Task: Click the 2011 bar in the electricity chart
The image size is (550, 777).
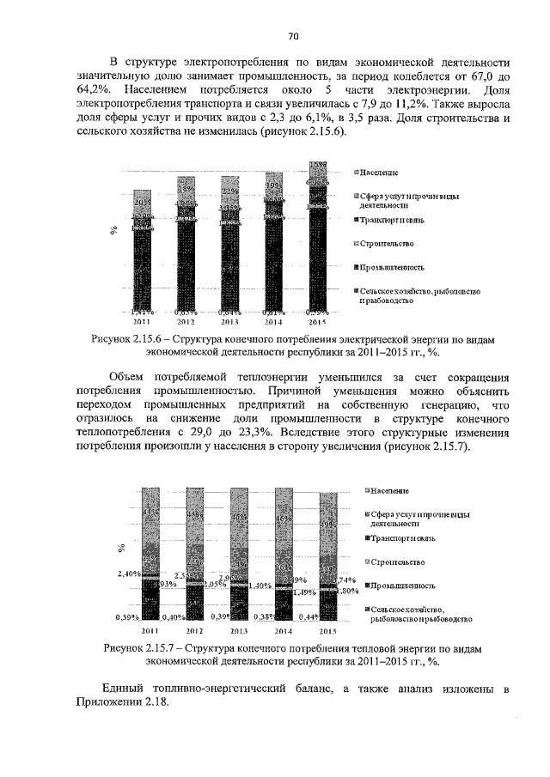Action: [143, 258]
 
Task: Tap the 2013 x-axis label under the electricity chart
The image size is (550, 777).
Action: [229, 322]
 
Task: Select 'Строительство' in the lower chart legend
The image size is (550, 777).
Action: [397, 562]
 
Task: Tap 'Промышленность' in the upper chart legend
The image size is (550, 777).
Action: [396, 268]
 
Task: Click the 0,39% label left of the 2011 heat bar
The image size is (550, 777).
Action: [129, 616]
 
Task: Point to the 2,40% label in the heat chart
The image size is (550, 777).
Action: [127, 574]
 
